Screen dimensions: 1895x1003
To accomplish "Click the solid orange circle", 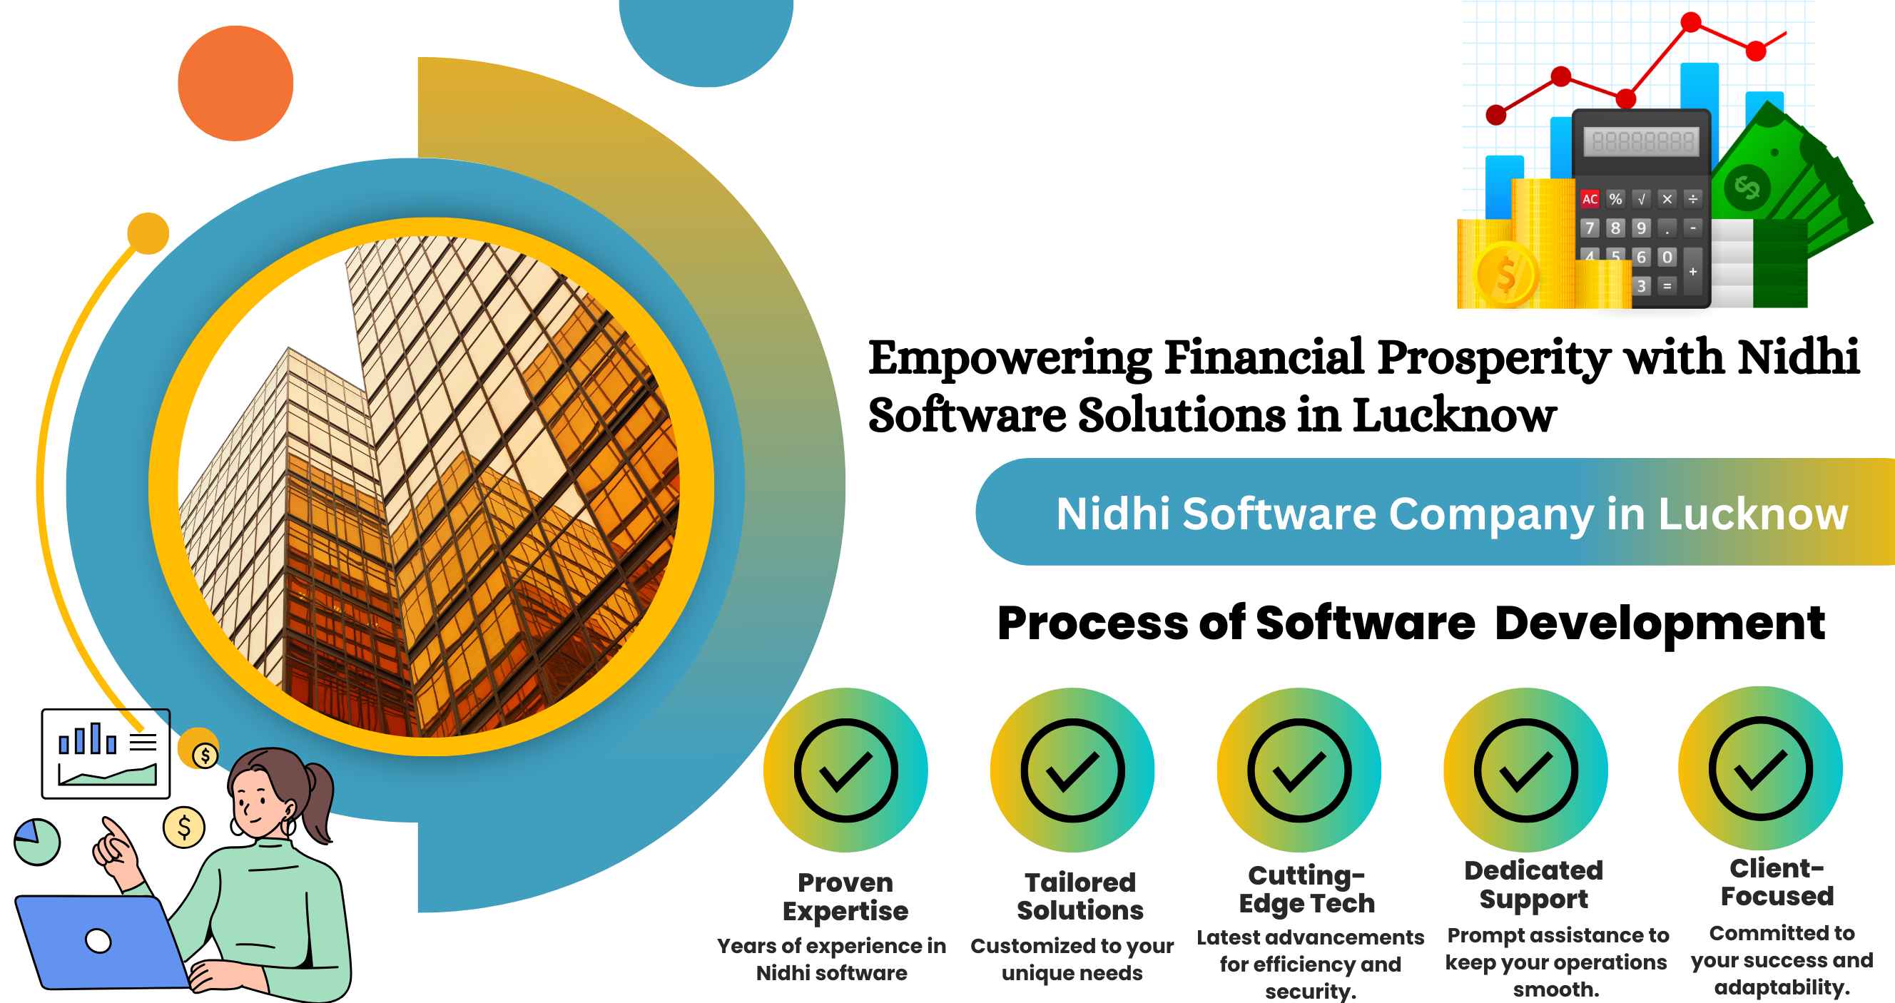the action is (x=235, y=83).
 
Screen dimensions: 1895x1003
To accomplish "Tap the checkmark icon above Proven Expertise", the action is (x=845, y=770).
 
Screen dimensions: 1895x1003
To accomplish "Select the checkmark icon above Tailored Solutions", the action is (x=1072, y=770).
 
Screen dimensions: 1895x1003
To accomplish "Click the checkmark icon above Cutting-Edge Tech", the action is (x=1299, y=770).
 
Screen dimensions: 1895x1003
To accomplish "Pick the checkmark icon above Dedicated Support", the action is (x=1525, y=770).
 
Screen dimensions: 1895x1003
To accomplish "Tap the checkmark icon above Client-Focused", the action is (x=1760, y=768).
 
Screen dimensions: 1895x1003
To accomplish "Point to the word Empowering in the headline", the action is (x=1010, y=359).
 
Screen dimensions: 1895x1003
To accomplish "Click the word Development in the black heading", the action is (x=1660, y=623).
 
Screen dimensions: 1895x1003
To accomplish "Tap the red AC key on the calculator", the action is (x=1590, y=198).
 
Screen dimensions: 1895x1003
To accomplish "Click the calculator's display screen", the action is (x=1642, y=141).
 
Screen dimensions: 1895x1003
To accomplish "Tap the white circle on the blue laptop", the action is (x=98, y=940).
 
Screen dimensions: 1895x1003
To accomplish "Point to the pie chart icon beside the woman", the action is (x=37, y=842).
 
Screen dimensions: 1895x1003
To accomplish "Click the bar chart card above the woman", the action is (x=106, y=754).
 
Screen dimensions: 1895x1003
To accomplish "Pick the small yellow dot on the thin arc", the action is (x=148, y=233).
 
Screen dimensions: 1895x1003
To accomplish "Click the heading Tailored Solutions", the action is (x=1080, y=897).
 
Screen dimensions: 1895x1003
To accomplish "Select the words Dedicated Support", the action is (x=1534, y=885).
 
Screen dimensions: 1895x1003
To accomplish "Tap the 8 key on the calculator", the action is (x=1615, y=228).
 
